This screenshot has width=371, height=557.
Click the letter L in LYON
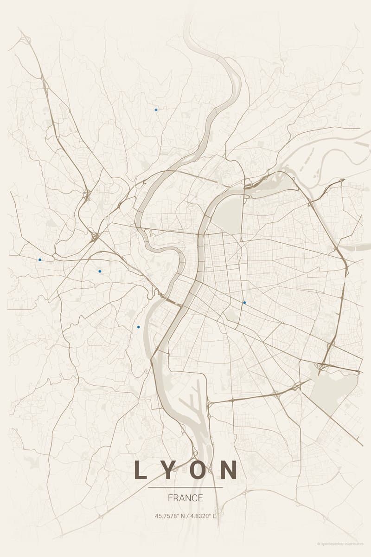pos(140,470)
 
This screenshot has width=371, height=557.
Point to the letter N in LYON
pos(229,470)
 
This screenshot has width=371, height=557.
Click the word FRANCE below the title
pos(185,498)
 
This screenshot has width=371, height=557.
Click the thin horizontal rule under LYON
pos(185,487)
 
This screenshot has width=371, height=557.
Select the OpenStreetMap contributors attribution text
pos(342,544)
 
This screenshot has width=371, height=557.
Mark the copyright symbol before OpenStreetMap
pos(319,544)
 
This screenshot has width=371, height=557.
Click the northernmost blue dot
pos(156,110)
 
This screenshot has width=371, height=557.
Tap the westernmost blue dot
pos(40,259)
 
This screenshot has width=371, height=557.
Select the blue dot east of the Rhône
pos(244,303)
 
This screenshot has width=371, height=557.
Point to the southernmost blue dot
pos(138,327)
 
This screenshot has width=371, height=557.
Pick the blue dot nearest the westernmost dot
pos(100,271)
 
